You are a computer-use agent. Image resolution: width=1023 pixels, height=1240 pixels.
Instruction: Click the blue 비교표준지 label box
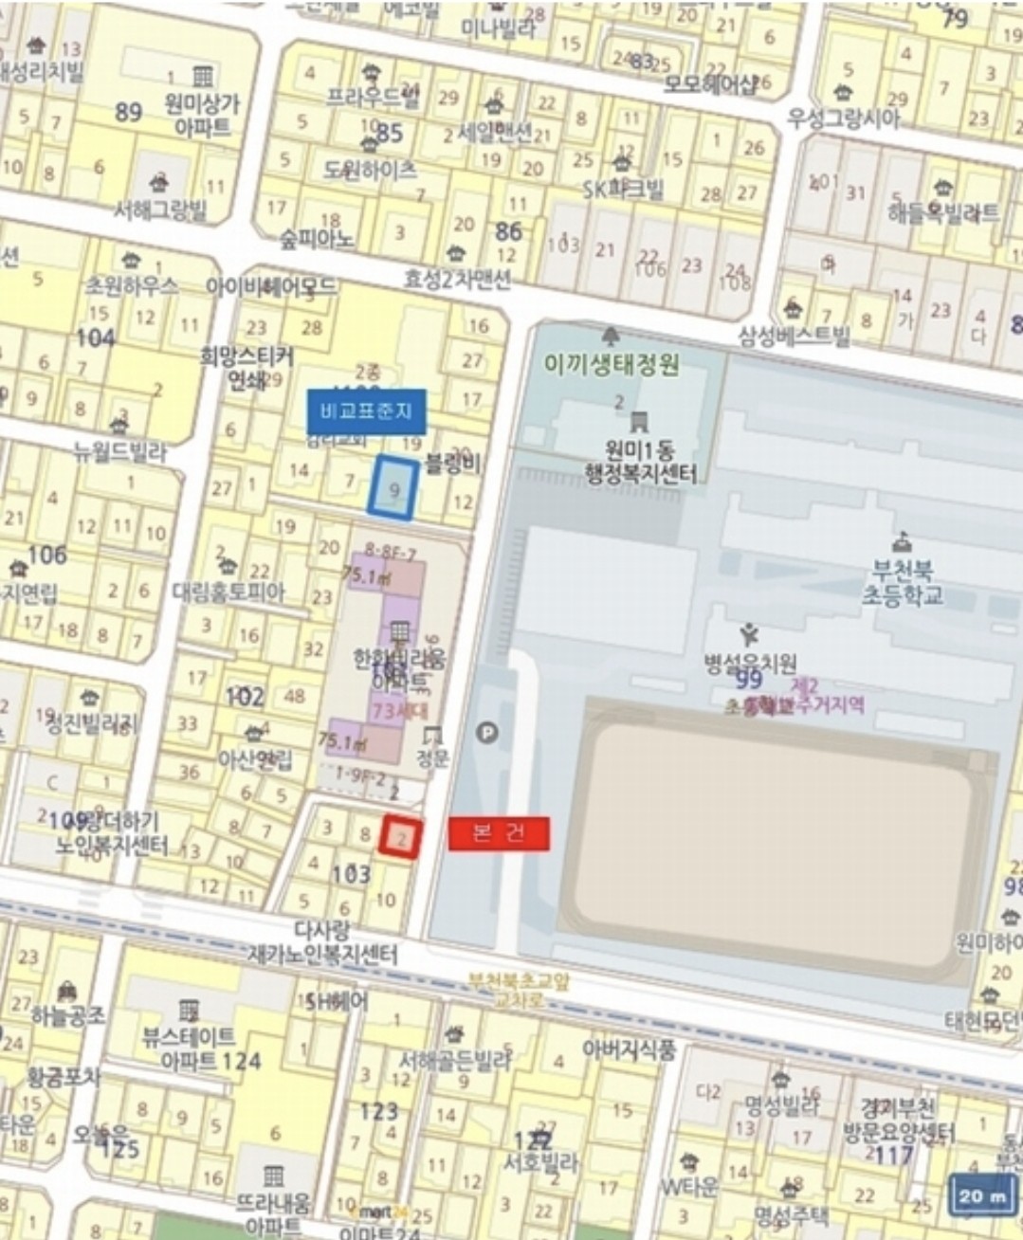(366, 412)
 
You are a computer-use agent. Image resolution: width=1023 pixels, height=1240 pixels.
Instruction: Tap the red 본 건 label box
(499, 832)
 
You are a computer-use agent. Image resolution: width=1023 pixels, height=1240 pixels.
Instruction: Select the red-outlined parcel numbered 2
(400, 838)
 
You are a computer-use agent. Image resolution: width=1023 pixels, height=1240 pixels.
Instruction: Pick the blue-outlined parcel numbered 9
(393, 487)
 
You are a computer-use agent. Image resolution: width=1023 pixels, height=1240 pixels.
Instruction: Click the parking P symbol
(486, 732)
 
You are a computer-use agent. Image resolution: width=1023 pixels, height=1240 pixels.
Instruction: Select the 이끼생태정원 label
(612, 362)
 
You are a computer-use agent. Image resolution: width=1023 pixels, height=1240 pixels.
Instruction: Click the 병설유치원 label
(749, 664)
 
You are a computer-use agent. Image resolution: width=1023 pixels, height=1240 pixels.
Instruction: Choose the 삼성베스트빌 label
(795, 335)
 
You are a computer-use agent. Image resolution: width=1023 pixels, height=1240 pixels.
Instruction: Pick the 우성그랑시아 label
(843, 118)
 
